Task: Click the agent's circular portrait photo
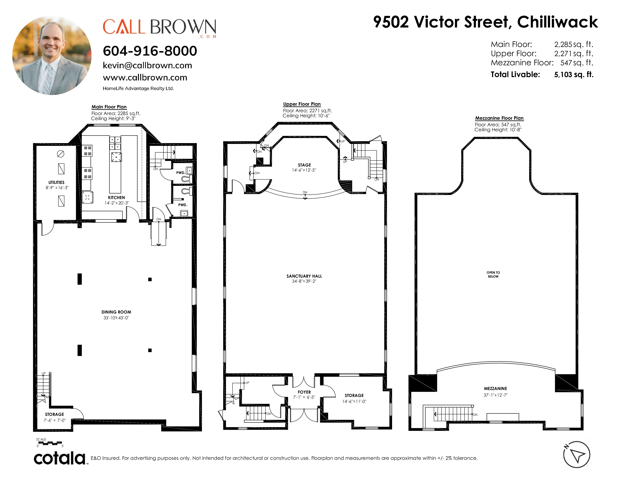point(52,55)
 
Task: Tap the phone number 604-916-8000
point(150,51)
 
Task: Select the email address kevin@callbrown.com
point(147,65)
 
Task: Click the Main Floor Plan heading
point(109,107)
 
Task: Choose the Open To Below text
point(493,274)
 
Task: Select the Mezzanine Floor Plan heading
point(499,118)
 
